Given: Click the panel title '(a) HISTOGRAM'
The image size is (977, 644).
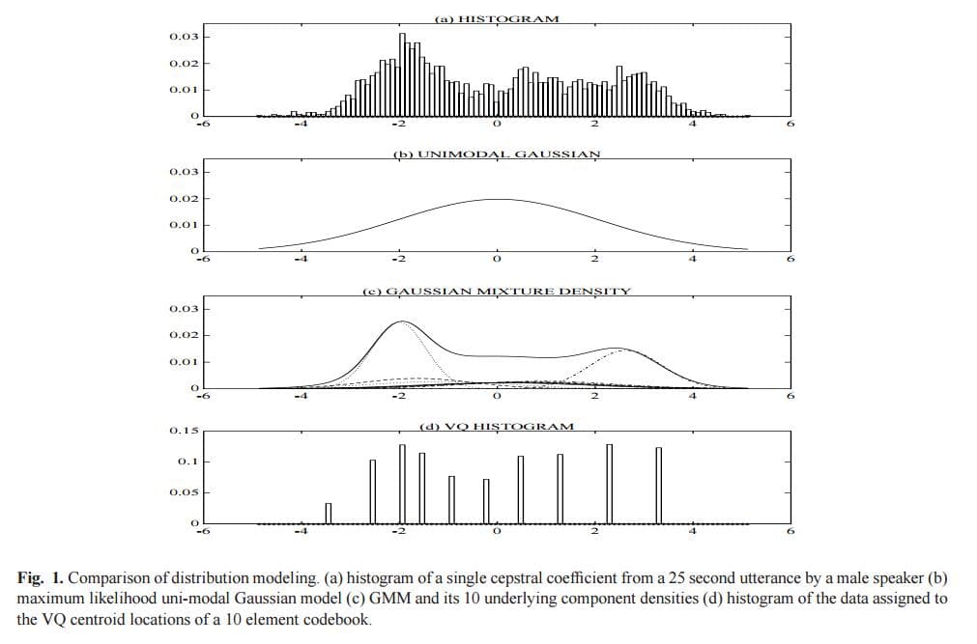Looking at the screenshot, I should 496,18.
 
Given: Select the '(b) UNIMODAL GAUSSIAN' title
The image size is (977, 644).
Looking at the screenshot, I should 496,154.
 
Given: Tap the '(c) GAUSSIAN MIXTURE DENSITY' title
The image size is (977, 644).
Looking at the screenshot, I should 496,291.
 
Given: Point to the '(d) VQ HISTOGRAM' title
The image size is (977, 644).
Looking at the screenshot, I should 496,426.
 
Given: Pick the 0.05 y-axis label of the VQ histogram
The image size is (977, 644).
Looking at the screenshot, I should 184,492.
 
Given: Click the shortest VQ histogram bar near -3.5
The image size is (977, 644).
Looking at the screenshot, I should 328,513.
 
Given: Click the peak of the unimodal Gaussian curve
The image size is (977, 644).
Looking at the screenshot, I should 496,199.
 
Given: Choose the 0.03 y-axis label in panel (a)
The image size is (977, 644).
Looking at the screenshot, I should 184,37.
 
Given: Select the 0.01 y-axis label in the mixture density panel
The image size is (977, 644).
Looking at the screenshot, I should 184,362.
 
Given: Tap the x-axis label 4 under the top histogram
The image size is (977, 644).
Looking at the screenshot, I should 692,124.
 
